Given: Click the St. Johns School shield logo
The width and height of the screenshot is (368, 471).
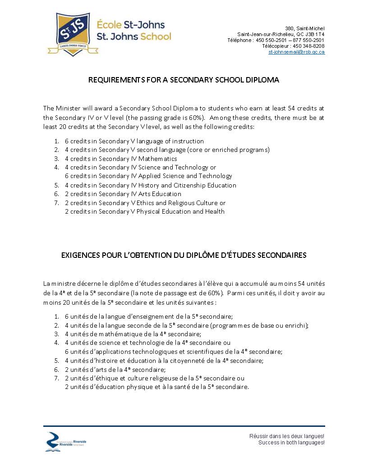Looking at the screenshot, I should (70, 34).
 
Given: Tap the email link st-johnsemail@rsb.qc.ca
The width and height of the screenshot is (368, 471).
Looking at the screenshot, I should (296, 52).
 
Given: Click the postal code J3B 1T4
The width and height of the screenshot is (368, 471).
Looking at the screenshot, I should (315, 34).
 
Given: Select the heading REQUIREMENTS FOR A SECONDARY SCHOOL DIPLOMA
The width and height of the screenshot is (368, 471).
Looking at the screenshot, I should (184, 80).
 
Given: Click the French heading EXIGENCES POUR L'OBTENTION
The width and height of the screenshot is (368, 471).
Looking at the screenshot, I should (184, 255).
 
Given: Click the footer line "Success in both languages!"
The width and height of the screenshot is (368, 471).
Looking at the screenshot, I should (291, 443).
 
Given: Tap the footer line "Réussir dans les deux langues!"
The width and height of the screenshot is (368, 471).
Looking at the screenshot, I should (287, 436).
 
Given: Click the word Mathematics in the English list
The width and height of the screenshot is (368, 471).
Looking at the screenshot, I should (161, 159).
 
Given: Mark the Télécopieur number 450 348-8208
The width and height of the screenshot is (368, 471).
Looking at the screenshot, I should (308, 46).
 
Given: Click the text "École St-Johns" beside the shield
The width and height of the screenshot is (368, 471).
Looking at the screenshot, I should (131, 25).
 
